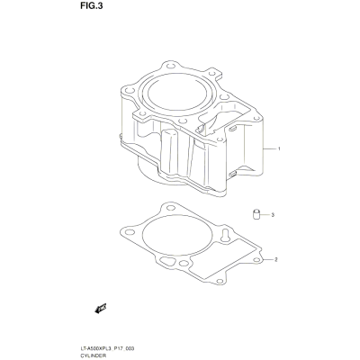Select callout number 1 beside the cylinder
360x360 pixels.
pyautogui.click(x=279, y=148)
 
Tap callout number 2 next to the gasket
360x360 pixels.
pyautogui.click(x=276, y=259)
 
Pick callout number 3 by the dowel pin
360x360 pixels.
pyautogui.click(x=273, y=215)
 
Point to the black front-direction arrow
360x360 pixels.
pyautogui.click(x=101, y=309)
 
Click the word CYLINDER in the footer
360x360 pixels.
pyautogui.click(x=88, y=356)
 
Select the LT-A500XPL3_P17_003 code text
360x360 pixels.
pyautogui.click(x=105, y=349)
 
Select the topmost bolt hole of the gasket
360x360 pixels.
pyautogui.click(x=171, y=208)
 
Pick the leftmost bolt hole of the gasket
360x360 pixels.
pyautogui.click(x=130, y=232)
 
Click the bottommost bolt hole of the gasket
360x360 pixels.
pyautogui.click(x=220, y=281)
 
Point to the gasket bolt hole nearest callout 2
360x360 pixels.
pyautogui.click(x=256, y=260)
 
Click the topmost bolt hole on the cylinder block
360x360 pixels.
pyautogui.click(x=170, y=66)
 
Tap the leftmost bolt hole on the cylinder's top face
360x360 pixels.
pyautogui.click(x=129, y=91)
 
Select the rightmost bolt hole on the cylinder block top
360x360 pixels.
pyautogui.click(x=256, y=118)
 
